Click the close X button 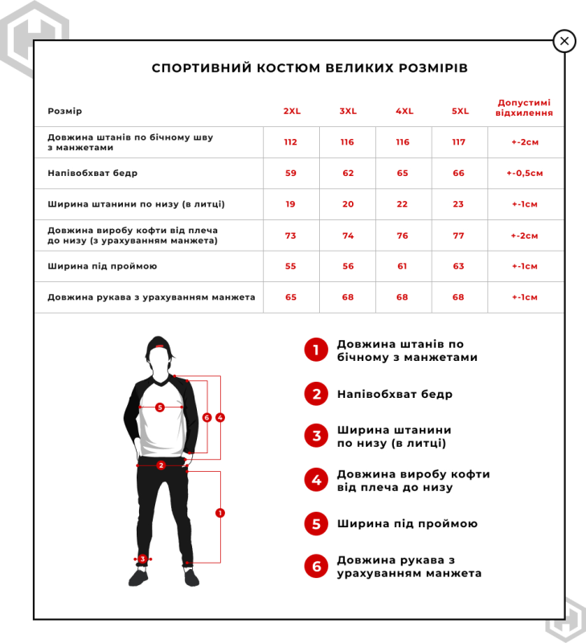pos(564,41)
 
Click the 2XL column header pos(291,111)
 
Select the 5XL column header pos(459,111)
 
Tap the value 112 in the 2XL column pos(291,142)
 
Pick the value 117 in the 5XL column pos(459,142)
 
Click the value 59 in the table pos(291,173)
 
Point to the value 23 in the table pos(459,204)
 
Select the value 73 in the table pos(291,235)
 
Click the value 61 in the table pos(403,266)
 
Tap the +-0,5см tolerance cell pos(525,173)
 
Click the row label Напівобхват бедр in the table pos(92,173)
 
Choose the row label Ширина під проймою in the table pos(102,266)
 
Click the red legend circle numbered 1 pos(316,350)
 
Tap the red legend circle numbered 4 pos(316,480)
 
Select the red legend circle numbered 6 pos(316,566)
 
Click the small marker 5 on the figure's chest pos(160,408)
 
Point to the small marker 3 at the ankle pos(142,559)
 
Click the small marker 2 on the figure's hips pos(161,465)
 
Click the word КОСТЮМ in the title pos(283,68)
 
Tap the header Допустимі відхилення pos(525,108)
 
